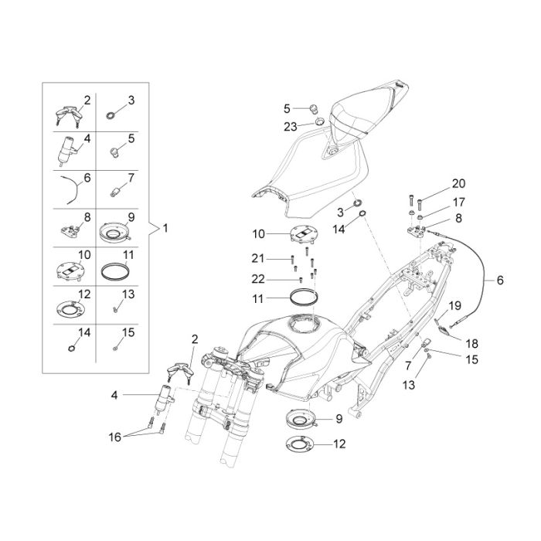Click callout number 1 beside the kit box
(x=165, y=228)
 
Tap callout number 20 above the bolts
(x=458, y=184)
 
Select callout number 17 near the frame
(x=459, y=202)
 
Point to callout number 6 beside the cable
(x=500, y=280)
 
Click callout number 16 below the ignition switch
(x=115, y=437)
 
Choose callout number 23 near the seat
(x=290, y=127)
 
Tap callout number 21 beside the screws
(x=257, y=258)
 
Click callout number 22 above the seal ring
(x=257, y=279)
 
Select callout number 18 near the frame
(x=471, y=343)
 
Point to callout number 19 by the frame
(x=454, y=305)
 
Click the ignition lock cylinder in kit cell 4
(x=66, y=151)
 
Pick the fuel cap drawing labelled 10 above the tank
(x=303, y=236)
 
